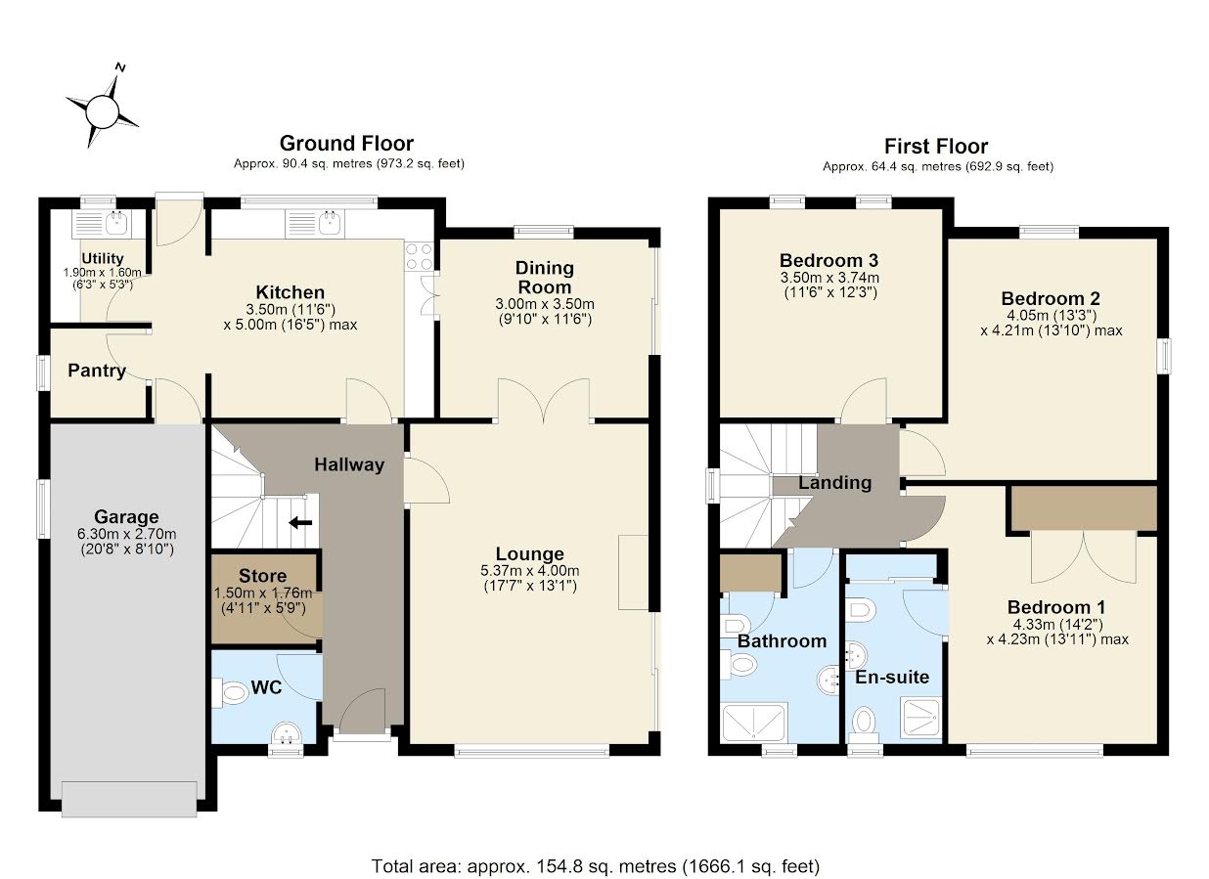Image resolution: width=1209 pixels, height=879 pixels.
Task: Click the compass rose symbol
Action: (x=103, y=111)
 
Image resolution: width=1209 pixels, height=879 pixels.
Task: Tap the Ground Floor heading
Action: (x=346, y=145)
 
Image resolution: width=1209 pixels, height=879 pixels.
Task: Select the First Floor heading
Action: (x=936, y=147)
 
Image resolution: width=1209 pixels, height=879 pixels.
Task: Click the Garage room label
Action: (x=126, y=517)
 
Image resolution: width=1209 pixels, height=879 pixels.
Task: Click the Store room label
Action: (x=263, y=576)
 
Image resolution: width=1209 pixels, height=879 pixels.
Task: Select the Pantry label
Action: (x=97, y=371)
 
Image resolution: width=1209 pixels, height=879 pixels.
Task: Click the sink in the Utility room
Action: (x=116, y=222)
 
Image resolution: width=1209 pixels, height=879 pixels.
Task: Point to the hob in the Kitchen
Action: (x=420, y=256)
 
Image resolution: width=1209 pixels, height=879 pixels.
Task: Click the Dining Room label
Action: (x=545, y=277)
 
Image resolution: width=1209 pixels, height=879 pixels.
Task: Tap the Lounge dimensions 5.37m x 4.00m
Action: (x=529, y=572)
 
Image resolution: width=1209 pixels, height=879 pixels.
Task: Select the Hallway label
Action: (x=349, y=465)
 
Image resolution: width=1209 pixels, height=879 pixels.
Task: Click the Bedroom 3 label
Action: (x=828, y=260)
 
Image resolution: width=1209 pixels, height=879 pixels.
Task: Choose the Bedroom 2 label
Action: (x=1044, y=298)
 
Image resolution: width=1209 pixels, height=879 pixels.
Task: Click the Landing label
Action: (x=834, y=482)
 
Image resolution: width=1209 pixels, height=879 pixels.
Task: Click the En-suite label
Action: (x=892, y=677)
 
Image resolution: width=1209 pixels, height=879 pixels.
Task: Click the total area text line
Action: (x=595, y=866)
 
